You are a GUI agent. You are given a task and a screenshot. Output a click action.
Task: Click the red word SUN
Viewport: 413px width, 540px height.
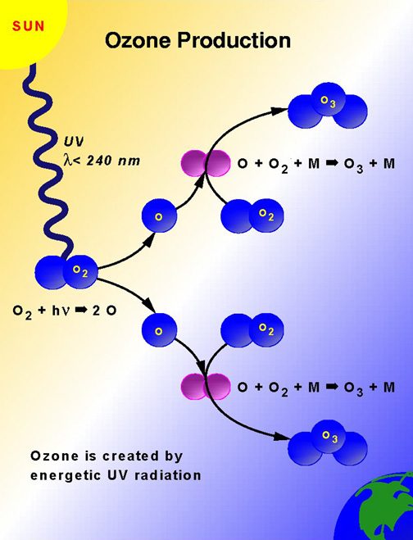point(29,26)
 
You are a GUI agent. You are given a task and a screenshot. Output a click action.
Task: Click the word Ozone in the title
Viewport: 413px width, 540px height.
point(138,40)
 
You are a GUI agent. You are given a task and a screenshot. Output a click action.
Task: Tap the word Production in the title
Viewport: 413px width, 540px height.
point(234,40)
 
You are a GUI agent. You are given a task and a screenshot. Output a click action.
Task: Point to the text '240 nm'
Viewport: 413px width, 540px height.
point(113,161)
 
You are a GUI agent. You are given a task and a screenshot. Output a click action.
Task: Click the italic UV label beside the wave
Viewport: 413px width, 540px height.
point(74,142)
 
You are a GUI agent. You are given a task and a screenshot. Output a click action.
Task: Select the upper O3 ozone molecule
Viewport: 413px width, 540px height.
point(328,105)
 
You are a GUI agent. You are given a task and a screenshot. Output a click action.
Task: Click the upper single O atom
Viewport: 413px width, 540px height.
point(159,216)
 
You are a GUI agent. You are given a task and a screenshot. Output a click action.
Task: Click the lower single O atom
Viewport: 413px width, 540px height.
point(159,330)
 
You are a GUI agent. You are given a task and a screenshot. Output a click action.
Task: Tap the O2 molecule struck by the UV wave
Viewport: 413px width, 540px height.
point(66,272)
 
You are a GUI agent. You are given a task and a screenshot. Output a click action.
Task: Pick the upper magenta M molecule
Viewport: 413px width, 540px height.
point(206,163)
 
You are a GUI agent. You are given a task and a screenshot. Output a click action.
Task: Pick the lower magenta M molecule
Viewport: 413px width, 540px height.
point(206,386)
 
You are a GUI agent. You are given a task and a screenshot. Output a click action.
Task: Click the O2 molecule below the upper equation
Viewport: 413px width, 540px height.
point(252,216)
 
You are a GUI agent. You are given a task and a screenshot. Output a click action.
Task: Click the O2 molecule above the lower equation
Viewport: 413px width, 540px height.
point(252,330)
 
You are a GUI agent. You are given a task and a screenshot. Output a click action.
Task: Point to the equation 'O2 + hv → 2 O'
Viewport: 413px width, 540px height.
point(65,311)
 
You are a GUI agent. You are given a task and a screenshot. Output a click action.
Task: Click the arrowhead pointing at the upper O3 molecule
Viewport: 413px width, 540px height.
point(279,111)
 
